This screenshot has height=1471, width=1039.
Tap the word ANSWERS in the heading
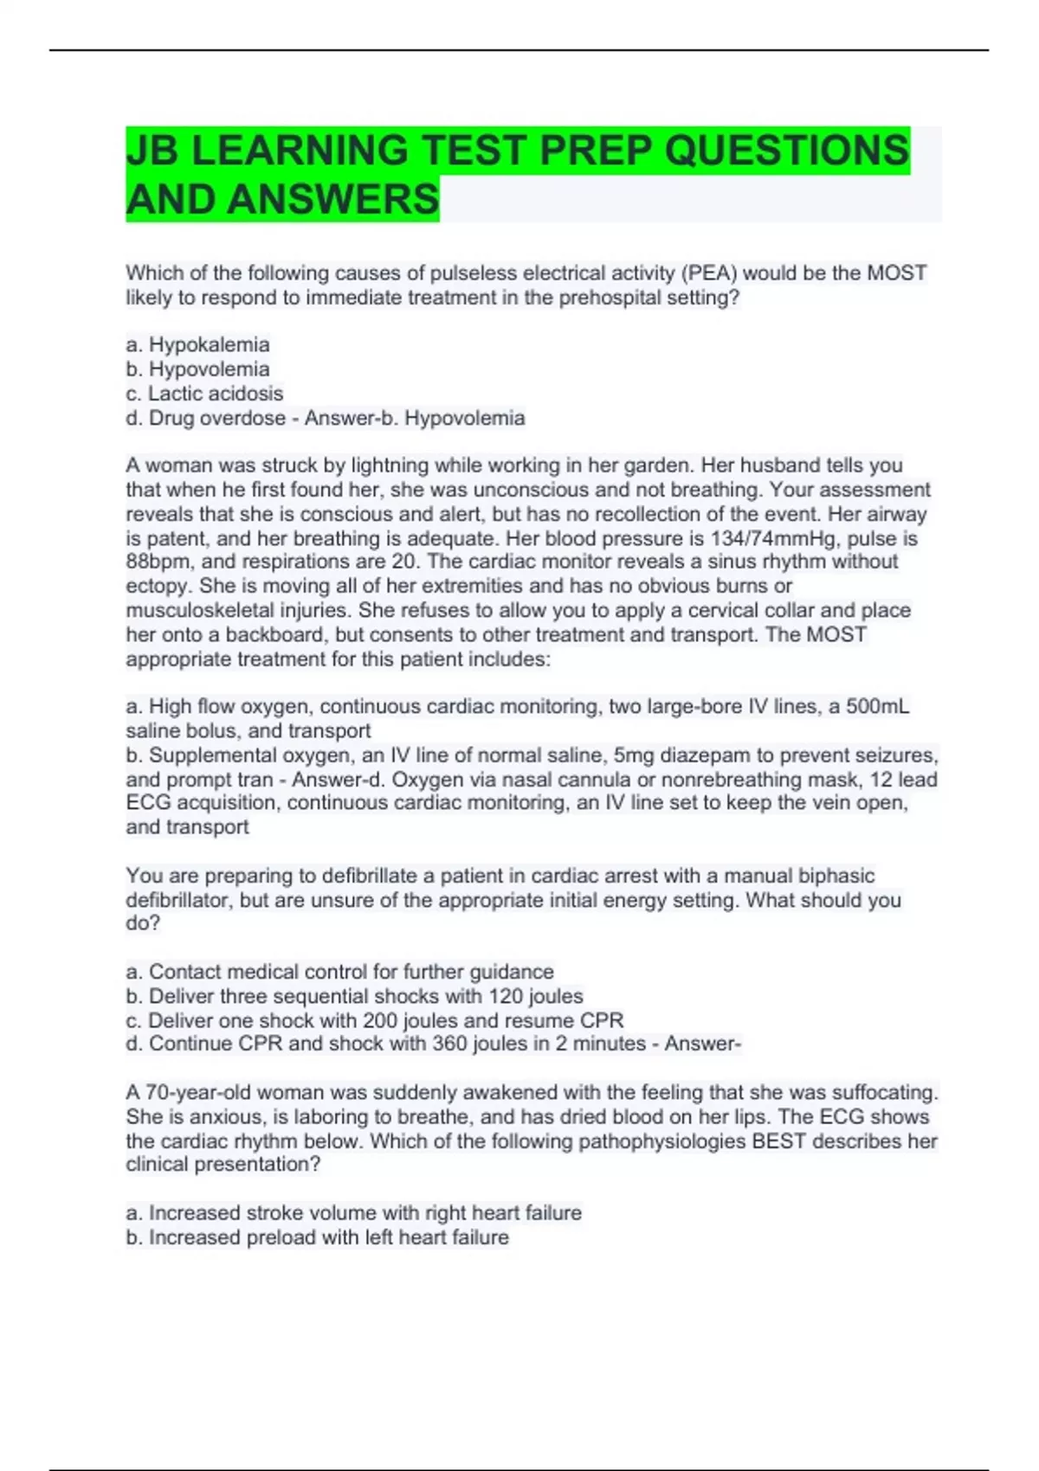click(333, 199)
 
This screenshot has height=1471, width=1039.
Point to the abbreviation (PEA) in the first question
click(709, 273)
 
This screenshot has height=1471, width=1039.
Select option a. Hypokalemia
click(197, 344)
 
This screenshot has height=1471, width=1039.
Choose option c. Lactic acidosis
click(204, 394)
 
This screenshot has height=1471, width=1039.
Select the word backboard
click(274, 634)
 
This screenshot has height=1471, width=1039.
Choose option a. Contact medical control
click(339, 972)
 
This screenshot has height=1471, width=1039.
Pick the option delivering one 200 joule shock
click(374, 1020)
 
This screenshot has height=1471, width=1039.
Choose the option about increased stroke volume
click(353, 1213)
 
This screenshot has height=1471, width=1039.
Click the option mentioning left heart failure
click(317, 1237)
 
